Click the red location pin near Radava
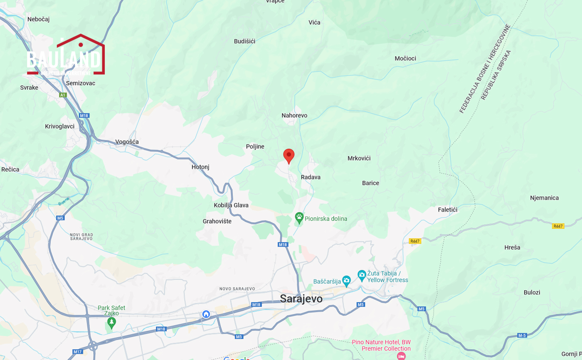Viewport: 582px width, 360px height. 289,155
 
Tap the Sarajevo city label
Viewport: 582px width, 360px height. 301,298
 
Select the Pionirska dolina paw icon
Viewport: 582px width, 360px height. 299,217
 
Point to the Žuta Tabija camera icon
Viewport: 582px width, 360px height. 362,275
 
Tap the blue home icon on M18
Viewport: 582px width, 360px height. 206,314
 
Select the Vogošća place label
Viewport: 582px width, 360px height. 127,142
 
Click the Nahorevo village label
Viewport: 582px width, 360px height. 294,116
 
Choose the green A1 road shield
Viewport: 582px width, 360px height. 63,95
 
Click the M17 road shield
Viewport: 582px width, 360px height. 78,352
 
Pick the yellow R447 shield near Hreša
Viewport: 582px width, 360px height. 558,226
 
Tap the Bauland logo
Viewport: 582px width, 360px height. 66,56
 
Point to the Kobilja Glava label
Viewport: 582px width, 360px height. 231,205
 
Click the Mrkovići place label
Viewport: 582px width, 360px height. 359,158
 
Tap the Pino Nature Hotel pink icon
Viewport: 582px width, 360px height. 401,356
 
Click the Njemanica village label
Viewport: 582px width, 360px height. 544,198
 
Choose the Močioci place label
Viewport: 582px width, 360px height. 405,59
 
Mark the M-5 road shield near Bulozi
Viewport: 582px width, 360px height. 522,335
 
